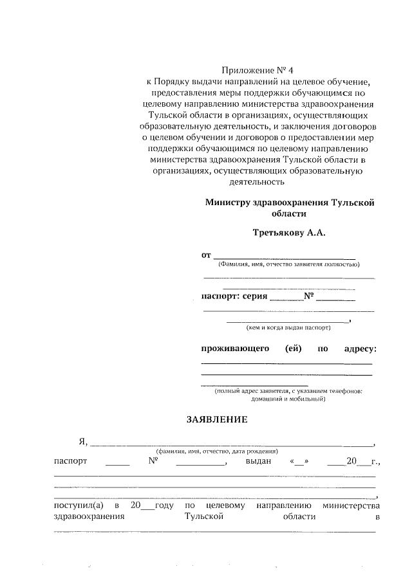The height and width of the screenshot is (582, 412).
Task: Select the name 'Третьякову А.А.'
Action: tap(289, 232)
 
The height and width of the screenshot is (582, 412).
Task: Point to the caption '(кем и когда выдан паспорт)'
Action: tap(288, 327)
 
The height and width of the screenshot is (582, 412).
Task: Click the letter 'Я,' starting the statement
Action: tap(82, 441)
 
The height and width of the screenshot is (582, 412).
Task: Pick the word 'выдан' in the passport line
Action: tap(257, 461)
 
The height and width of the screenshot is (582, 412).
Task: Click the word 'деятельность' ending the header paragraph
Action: tap(257, 182)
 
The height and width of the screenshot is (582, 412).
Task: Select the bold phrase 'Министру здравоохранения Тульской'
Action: tap(290, 202)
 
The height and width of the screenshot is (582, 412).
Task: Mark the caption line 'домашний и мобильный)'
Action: tap(288, 399)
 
